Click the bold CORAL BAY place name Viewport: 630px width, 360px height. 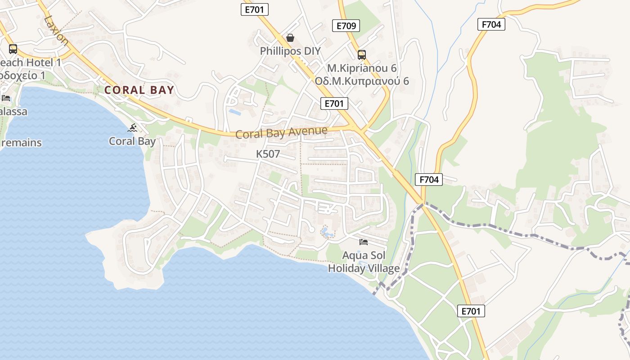tap(139, 90)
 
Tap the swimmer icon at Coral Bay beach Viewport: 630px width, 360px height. tap(132, 128)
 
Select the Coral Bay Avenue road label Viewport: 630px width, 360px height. tap(281, 133)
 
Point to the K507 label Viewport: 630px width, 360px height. tap(268, 154)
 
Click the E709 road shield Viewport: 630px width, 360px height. tap(346, 26)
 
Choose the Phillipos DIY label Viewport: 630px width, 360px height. tap(290, 51)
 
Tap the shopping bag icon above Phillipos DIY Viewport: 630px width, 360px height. tap(290, 37)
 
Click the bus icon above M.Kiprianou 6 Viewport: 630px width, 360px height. tap(362, 55)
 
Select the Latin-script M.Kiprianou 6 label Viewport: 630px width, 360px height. tap(362, 68)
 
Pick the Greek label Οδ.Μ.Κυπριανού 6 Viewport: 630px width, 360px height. tap(362, 81)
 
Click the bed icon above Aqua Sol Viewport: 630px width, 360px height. tap(364, 242)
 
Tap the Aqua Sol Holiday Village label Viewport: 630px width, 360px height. tap(364, 262)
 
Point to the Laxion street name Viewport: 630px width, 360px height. tap(57, 31)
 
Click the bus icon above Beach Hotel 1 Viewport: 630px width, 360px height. tap(13, 49)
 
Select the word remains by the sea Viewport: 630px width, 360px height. tap(22, 143)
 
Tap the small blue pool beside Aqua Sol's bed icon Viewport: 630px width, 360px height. tap(326, 232)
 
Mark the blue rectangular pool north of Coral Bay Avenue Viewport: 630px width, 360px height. tap(234, 111)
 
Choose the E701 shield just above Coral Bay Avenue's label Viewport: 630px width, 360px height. tap(334, 103)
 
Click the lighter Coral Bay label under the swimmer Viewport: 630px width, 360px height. tap(132, 141)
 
